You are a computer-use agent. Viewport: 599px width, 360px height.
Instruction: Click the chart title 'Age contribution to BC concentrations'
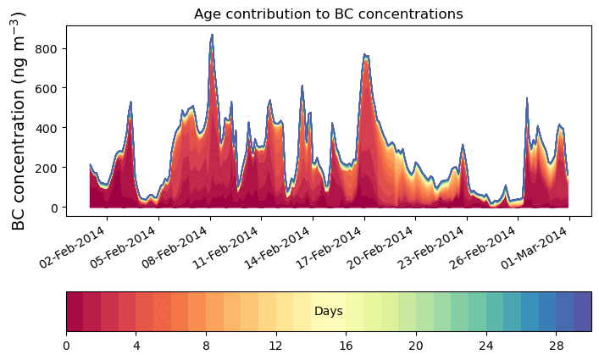pos(328,14)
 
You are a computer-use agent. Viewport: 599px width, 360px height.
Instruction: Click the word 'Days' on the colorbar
pos(328,312)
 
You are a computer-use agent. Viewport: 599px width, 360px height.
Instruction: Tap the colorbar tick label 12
pos(275,346)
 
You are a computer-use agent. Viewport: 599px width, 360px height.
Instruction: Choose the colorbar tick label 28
pos(556,346)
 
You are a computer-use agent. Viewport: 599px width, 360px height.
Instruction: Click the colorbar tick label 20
pos(416,346)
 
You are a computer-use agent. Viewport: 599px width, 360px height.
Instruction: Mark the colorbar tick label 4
pos(136,346)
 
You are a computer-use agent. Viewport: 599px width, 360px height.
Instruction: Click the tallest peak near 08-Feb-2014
pos(212,35)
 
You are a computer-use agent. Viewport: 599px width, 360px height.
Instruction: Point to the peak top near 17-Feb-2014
pos(364,55)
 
